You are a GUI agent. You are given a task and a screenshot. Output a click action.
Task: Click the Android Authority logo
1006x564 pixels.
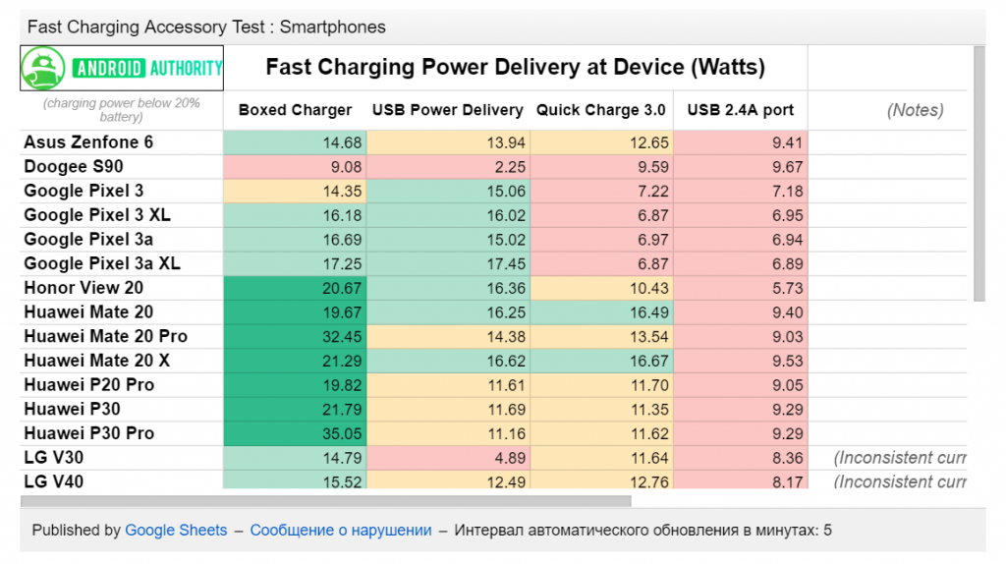(x=123, y=68)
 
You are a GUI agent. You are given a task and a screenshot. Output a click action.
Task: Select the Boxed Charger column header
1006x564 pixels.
(x=295, y=110)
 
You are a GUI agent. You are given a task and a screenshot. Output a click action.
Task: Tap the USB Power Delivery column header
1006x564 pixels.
(x=447, y=110)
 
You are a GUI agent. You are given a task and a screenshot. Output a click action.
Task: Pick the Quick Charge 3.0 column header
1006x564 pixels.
(x=600, y=110)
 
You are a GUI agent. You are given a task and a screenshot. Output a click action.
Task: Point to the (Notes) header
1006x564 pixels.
(x=915, y=110)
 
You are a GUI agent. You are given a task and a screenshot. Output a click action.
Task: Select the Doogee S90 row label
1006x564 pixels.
(x=74, y=167)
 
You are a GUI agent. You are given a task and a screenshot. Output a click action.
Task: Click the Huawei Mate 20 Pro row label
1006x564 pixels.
(x=106, y=336)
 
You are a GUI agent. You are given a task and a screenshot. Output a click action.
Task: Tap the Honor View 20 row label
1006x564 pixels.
(x=84, y=288)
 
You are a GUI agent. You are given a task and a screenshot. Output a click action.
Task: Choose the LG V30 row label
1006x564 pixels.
(x=53, y=457)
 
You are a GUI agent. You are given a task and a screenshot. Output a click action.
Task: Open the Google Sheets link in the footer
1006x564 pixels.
(x=176, y=530)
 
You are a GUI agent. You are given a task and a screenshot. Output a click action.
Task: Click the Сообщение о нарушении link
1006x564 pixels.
(x=341, y=530)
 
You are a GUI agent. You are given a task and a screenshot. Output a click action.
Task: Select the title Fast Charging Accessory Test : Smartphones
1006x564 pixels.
(x=206, y=27)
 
